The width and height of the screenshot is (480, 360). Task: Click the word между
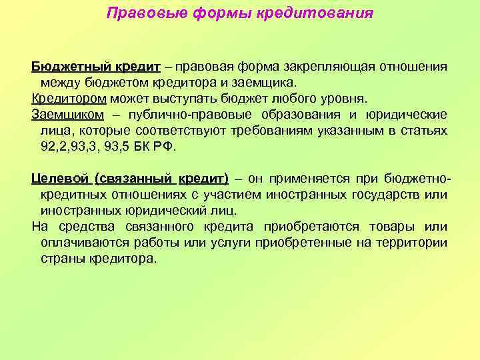(x=59, y=82)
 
